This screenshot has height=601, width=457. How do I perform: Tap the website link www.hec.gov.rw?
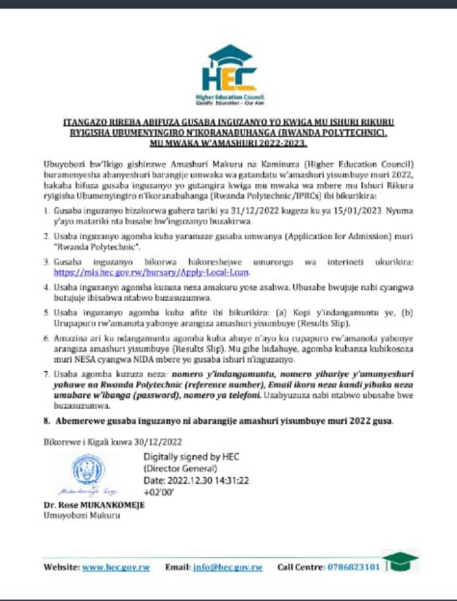click(x=119, y=567)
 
